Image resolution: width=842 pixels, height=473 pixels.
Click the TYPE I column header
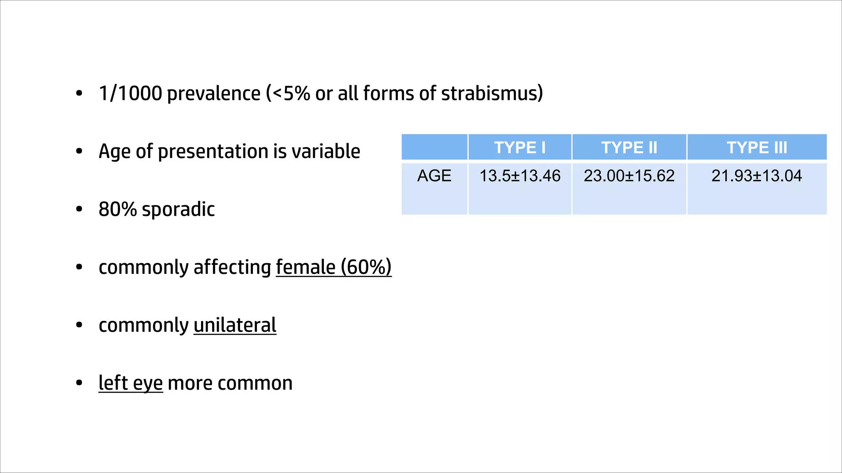520,147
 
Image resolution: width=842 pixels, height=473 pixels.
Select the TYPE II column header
629,147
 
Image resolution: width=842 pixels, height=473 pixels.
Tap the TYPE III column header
757,147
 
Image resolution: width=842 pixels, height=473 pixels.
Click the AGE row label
434,176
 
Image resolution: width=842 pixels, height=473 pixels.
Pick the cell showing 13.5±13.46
520,176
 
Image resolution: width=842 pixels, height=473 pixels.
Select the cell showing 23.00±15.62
629,176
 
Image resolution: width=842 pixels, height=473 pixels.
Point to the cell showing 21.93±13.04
756,176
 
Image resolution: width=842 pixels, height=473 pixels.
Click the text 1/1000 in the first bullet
130,94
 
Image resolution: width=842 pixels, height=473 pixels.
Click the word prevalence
214,94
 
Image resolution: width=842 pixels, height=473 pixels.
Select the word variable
326,151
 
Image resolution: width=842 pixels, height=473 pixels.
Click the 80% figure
118,209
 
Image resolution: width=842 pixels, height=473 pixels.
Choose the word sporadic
178,209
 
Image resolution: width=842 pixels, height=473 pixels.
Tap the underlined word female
305,267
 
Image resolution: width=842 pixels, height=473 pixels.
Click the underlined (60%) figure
366,267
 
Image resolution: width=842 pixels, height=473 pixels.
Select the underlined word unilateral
235,325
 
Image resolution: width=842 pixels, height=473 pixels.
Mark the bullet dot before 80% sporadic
79,209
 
